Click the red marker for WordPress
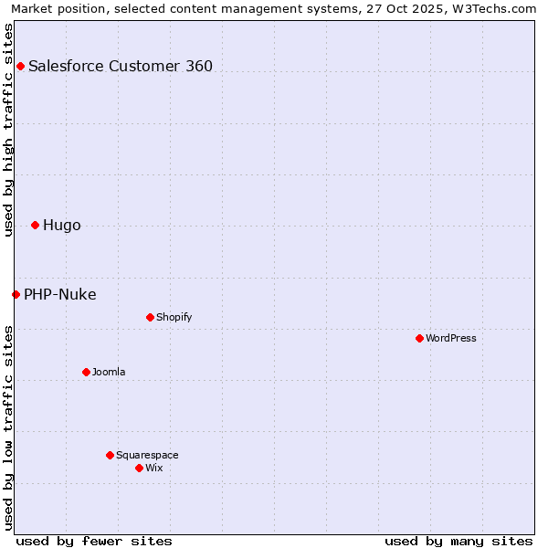tap(419, 338)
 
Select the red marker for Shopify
tap(150, 317)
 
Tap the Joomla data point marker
tap(86, 372)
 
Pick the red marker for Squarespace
tap(110, 455)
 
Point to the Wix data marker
tap(139, 468)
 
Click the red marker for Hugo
tap(35, 225)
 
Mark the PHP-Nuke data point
tap(16, 294)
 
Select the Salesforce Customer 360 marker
tap(20, 66)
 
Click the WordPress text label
tap(451, 338)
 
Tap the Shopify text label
tap(174, 317)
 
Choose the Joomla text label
tap(109, 372)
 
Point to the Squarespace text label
tap(147, 455)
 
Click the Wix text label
tap(153, 468)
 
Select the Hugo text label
tap(62, 226)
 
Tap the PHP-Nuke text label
tap(60, 294)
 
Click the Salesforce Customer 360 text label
tap(121, 66)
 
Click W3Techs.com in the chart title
tap(495, 8)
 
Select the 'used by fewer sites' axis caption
tap(94, 541)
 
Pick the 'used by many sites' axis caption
tap(458, 541)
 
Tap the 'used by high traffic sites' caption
tap(8, 130)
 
